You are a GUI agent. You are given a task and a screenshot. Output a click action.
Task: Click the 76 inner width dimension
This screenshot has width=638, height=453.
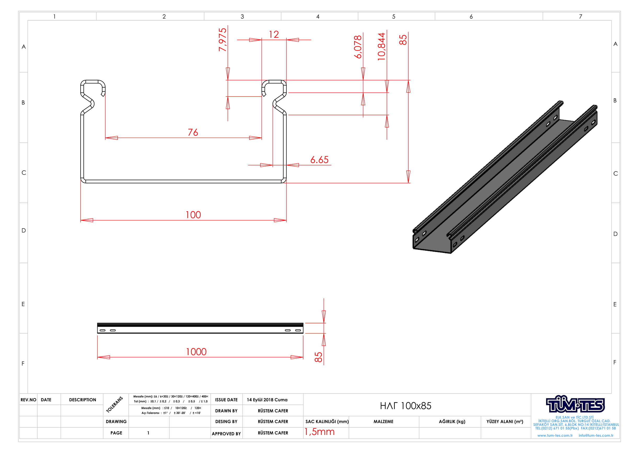193,132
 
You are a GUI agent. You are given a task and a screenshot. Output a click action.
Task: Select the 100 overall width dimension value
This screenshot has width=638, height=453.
193,215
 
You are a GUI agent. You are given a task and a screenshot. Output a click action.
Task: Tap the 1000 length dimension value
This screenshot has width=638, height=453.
196,352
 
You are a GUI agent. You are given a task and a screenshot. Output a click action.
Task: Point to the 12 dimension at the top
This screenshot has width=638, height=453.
274,34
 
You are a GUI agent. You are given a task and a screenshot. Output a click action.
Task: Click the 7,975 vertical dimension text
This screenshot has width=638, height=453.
222,40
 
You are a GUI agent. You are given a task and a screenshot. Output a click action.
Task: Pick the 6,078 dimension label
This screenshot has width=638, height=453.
358,47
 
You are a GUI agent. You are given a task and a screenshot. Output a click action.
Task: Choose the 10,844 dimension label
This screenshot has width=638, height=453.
381,47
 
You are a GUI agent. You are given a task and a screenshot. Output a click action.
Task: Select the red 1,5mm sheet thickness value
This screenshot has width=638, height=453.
319,432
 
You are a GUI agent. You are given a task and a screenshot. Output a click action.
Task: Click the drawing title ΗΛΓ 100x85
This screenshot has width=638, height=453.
405,406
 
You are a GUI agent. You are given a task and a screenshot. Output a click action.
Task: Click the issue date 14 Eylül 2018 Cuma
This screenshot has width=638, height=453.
267,400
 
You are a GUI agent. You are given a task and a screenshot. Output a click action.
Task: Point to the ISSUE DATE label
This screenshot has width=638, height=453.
226,400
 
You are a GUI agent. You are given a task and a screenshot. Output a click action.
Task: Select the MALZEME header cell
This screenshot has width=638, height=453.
383,421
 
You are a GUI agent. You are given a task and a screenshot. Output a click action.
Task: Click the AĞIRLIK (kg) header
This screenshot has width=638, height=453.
452,421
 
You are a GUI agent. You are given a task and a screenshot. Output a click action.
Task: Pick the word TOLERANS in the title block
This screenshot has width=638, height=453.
114,404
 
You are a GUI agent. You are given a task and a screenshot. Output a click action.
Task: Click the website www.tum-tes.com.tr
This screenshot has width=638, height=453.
555,435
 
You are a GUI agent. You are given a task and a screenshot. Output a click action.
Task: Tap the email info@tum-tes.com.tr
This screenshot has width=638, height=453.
596,435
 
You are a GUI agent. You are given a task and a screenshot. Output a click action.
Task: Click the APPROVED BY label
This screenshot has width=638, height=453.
226,434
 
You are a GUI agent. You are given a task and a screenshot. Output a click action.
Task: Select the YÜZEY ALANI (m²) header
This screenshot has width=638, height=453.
505,421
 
